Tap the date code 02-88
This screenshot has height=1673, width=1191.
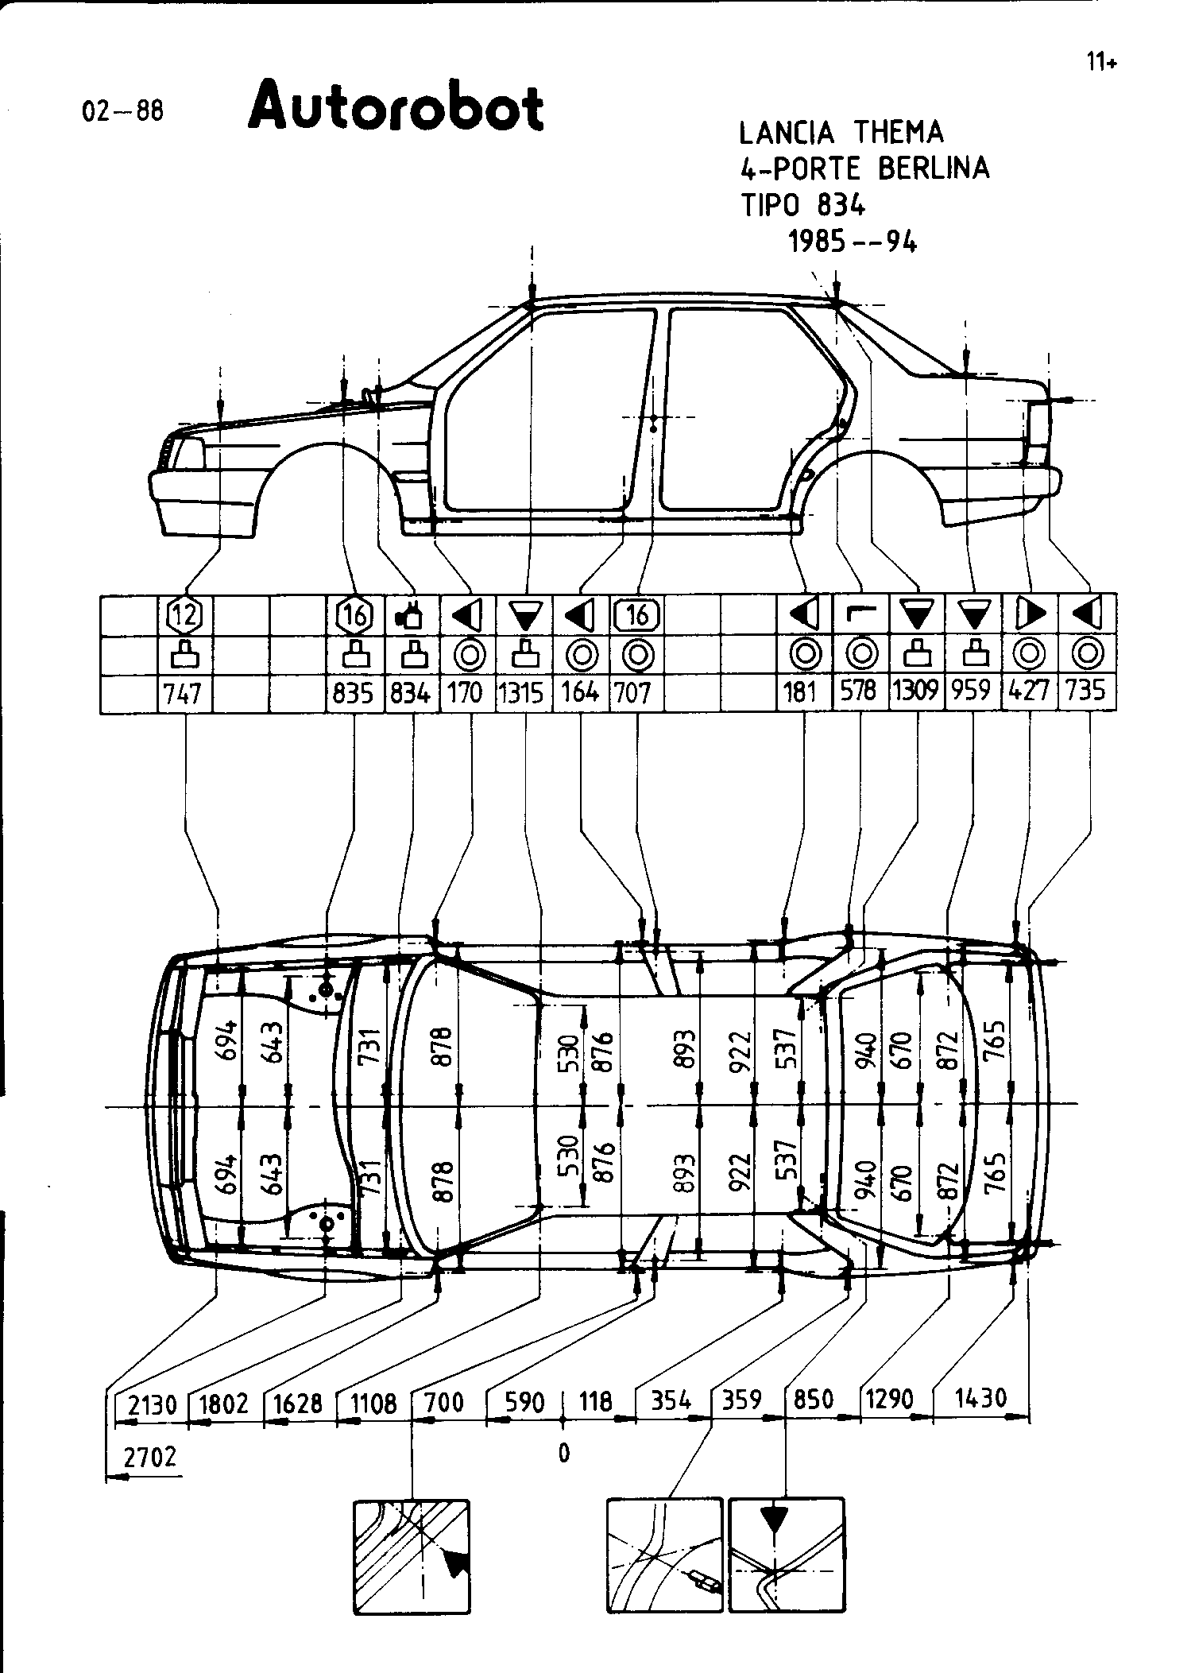123,111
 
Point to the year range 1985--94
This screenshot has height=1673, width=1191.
853,240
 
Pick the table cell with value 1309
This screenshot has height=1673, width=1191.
917,692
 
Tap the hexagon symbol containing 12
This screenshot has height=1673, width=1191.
184,614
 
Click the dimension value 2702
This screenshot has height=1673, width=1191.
150,1458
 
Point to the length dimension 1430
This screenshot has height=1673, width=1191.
980,1398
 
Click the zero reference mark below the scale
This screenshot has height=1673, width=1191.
563,1453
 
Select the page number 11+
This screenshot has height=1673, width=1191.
1102,62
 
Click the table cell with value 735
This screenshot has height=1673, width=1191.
1086,692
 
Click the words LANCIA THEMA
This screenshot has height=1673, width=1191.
841,132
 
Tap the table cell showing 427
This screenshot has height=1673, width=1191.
1029,692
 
